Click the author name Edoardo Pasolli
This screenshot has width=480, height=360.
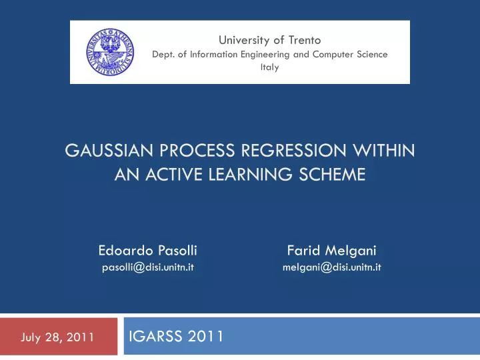(x=147, y=251)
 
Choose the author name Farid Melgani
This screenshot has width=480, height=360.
(x=331, y=251)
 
